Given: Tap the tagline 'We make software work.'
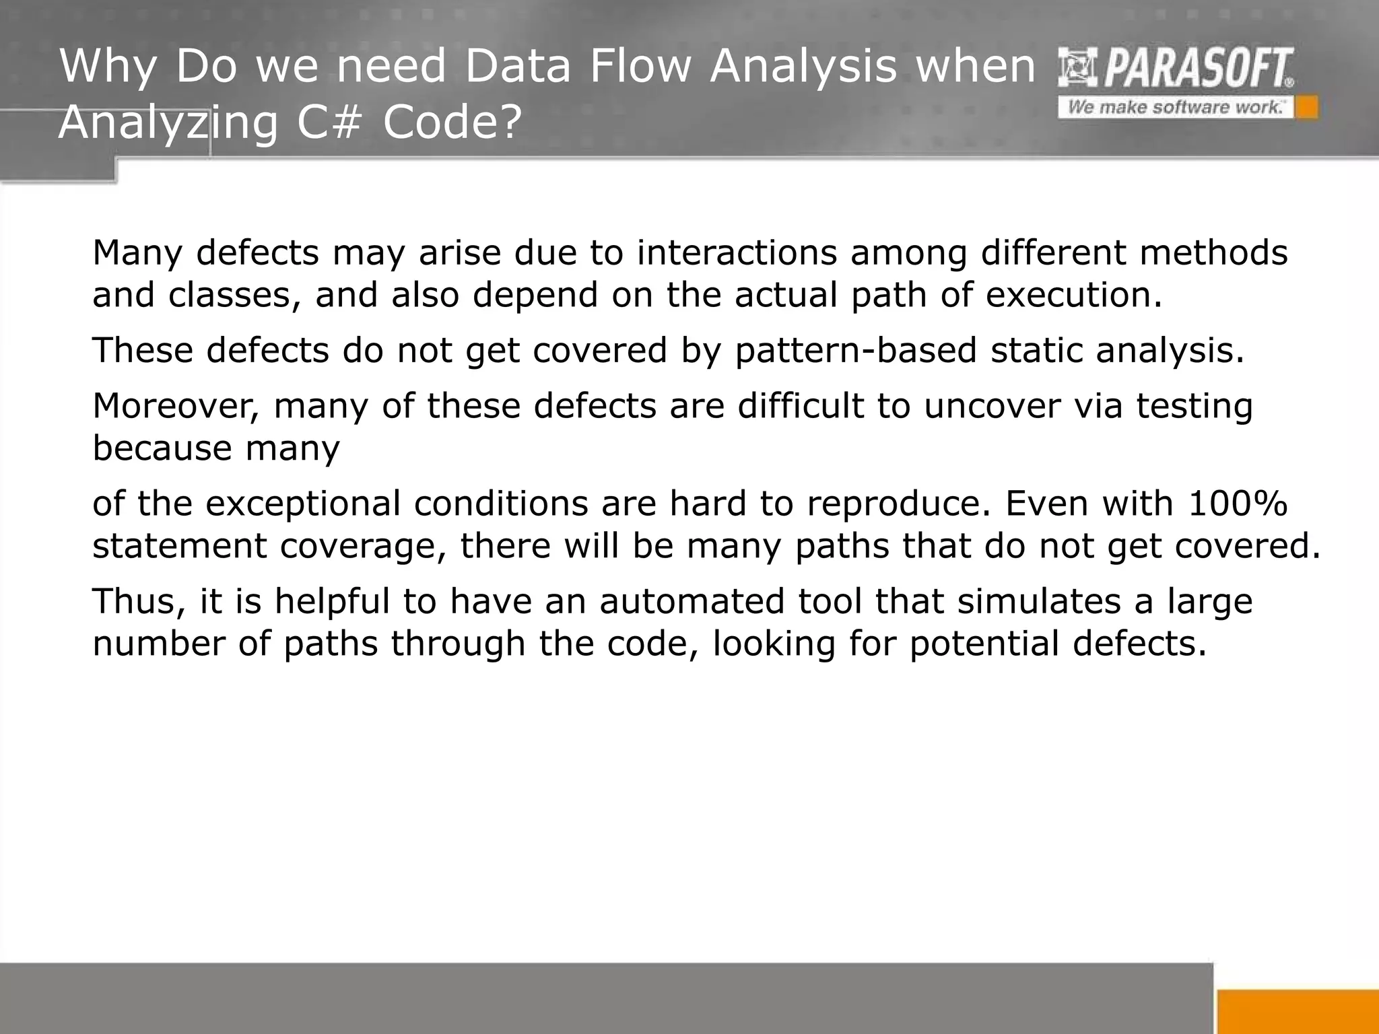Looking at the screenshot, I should click(1175, 108).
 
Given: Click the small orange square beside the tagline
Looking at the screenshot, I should click(1307, 108).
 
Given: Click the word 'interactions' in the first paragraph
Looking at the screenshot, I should click(737, 253).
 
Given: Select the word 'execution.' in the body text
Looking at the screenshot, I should click(1074, 295).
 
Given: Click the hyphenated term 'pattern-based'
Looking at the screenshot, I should click(855, 351).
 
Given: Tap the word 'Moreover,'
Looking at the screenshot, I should click(176, 407).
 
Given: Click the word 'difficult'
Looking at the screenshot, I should click(800, 406).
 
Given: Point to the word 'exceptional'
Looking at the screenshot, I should click(303, 504).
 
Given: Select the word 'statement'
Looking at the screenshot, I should click(179, 546).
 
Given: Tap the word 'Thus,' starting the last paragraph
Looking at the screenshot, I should click(139, 601).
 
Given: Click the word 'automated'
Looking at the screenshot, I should click(692, 601).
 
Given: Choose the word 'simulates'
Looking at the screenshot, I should click(1039, 601).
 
